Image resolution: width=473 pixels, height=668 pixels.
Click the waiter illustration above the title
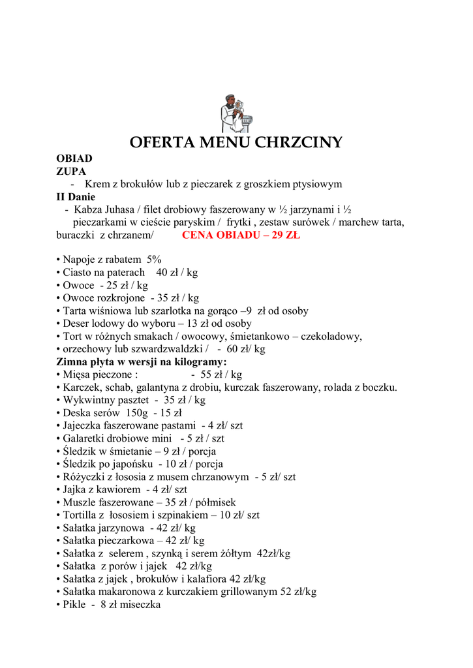tap(236, 114)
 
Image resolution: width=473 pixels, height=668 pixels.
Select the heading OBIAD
tap(74, 159)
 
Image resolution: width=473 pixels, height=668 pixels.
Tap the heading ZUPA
tap(71, 171)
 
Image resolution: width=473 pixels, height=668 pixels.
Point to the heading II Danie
tap(76, 196)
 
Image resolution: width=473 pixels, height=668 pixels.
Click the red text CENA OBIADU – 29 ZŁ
tap(241, 235)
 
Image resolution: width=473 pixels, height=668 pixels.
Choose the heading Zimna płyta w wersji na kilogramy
tap(142, 361)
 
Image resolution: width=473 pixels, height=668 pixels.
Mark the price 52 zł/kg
tap(298, 592)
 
